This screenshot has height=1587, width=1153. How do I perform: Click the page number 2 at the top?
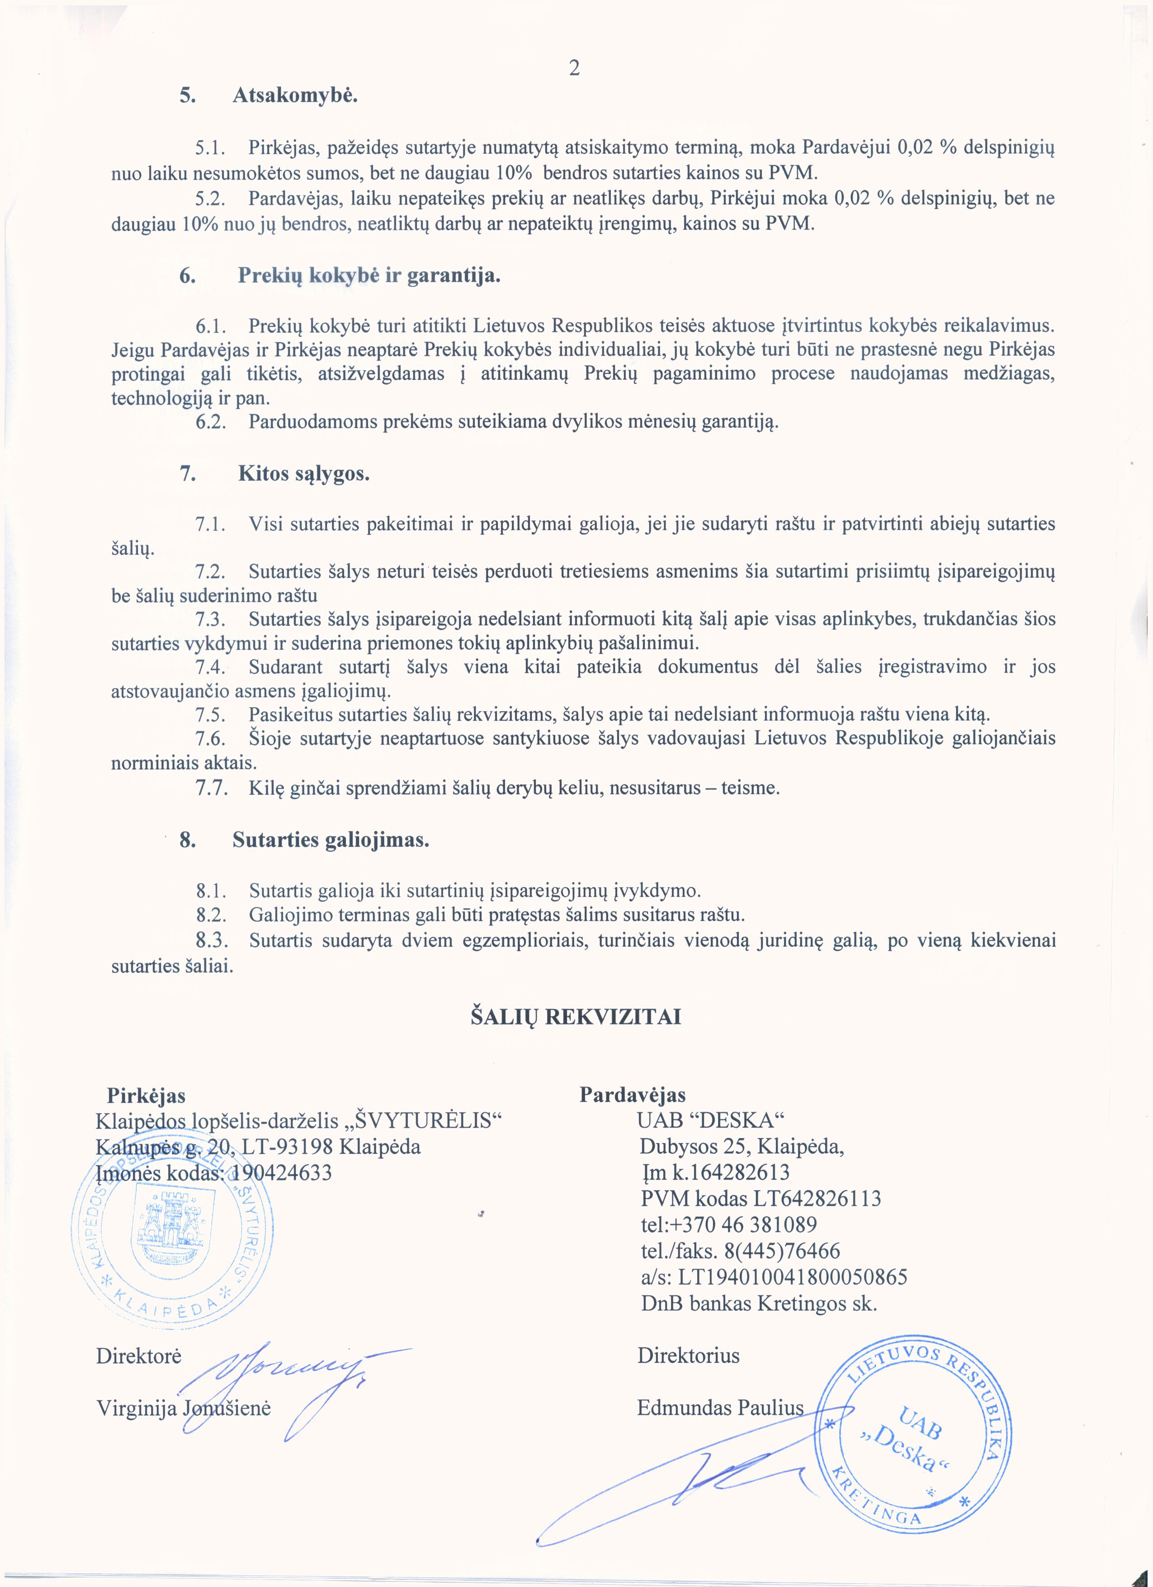coord(574,68)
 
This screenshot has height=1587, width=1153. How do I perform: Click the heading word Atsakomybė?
coord(294,95)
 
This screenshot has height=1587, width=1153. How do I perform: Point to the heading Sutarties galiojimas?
coord(330,840)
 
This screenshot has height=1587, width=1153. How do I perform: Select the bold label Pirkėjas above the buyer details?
coord(146,1095)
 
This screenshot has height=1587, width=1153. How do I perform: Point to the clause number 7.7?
coord(210,789)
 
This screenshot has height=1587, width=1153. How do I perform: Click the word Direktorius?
coord(688,1356)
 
